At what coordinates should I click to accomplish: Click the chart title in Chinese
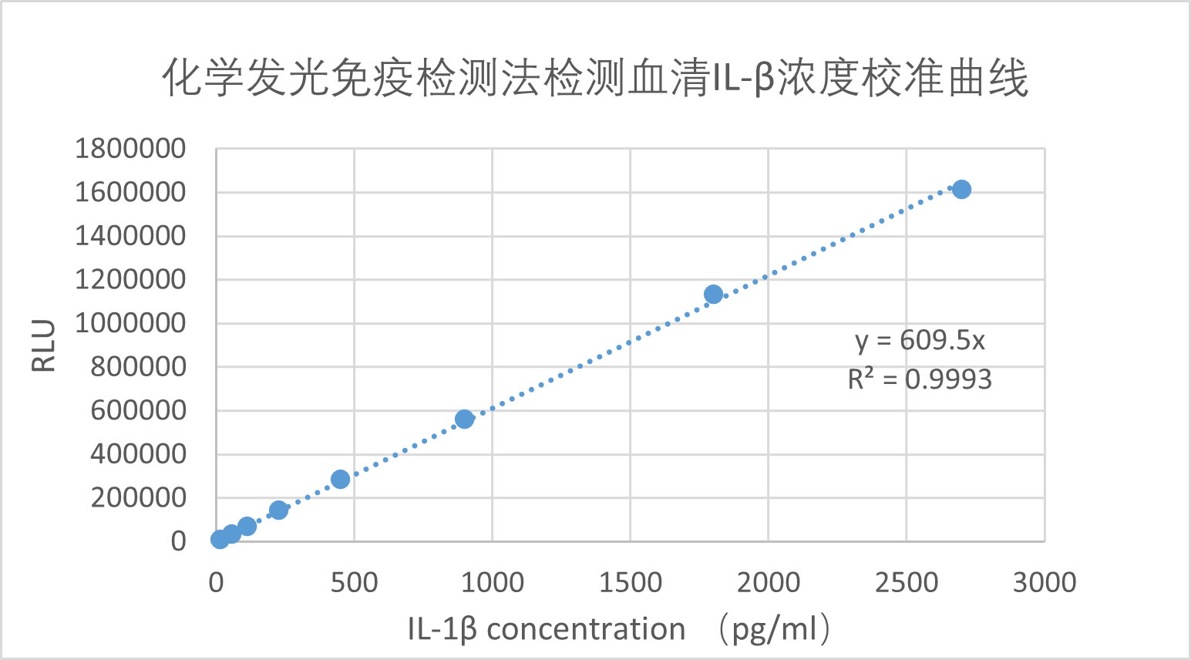point(595,79)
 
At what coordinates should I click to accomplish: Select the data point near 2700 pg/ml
point(961,189)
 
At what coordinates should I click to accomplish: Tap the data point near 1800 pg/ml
point(713,294)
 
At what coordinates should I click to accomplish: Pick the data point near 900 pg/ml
point(464,419)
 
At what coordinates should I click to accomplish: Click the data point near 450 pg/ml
point(340,479)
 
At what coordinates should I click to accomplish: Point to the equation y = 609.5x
point(920,340)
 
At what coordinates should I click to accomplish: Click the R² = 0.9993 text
point(920,379)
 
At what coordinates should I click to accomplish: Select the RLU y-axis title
point(44,345)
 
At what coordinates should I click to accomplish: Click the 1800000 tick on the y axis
point(130,148)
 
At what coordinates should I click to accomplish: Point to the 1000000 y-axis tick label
point(130,323)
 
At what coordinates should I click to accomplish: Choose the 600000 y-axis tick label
point(138,410)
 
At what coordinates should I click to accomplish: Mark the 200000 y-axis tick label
point(138,497)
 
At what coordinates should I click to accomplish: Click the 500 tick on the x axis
point(354,582)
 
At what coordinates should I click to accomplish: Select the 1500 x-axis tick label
point(630,582)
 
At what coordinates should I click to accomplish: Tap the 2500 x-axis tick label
point(906,582)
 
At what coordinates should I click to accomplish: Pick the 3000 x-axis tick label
point(1044,582)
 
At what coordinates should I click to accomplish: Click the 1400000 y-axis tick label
point(130,236)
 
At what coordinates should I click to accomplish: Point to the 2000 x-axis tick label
point(768,582)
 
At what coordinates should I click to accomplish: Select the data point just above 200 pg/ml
point(278,510)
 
